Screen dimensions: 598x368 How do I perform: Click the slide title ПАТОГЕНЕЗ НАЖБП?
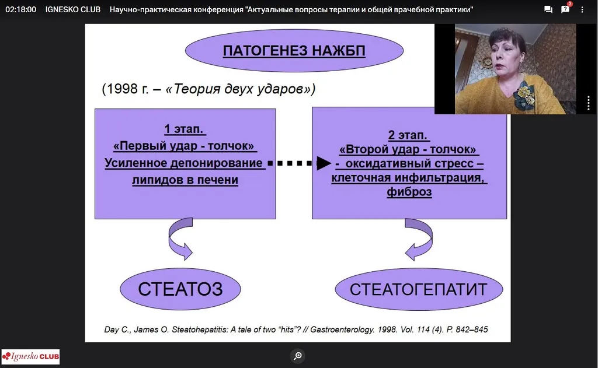tap(294, 51)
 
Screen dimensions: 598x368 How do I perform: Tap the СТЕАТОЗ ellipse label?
tap(180, 289)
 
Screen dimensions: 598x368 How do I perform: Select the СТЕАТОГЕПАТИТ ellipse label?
tap(419, 289)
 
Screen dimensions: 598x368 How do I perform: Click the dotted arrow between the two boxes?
tap(300, 163)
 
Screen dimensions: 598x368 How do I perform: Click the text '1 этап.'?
tap(185, 129)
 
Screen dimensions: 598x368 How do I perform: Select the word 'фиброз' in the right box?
tap(409, 192)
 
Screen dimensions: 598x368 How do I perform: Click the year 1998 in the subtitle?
tap(122, 89)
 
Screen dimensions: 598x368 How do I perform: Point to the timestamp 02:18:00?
tap(20, 9)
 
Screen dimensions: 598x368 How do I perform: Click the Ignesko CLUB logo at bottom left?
tap(30, 357)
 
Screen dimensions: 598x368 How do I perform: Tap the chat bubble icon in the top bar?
tap(548, 9)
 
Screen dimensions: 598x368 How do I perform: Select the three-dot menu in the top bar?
tap(582, 9)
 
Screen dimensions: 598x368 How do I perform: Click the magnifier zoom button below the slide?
tap(298, 356)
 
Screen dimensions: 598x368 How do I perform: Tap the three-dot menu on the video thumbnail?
tap(589, 103)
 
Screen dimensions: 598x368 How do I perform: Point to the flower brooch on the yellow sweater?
tap(524, 96)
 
